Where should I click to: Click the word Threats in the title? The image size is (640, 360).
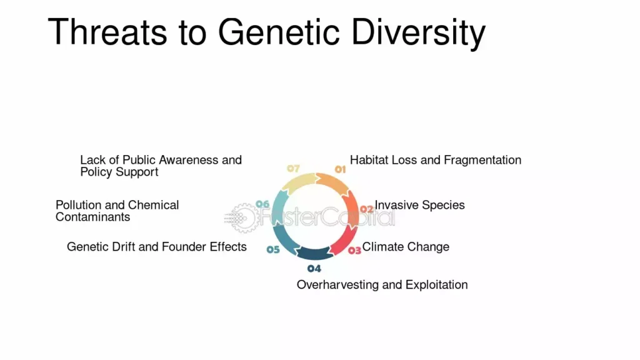(x=107, y=32)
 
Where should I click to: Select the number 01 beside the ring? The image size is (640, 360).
(x=341, y=169)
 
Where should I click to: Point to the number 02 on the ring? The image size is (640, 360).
(x=366, y=209)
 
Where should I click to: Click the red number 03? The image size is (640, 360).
(x=355, y=250)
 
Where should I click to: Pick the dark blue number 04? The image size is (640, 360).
(x=314, y=268)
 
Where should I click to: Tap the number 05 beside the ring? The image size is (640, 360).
(x=273, y=249)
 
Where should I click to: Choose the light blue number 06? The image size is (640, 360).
(x=262, y=204)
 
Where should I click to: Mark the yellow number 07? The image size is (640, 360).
(x=294, y=168)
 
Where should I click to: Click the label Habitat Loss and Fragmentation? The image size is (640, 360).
(x=436, y=160)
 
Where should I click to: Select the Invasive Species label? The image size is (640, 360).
(x=419, y=205)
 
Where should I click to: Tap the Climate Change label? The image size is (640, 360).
(x=406, y=247)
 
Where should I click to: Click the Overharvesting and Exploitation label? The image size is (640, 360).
(x=382, y=285)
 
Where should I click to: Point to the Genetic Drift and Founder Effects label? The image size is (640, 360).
(x=157, y=247)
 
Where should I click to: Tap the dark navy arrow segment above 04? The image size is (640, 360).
(x=314, y=254)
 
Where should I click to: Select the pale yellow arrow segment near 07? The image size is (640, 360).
(x=297, y=182)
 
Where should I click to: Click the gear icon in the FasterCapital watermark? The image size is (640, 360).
(x=244, y=218)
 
